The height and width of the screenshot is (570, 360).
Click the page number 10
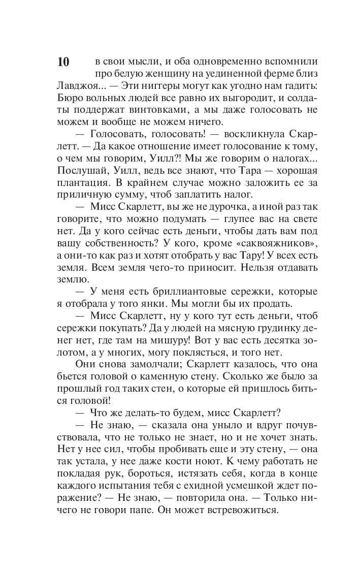[63, 62]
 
